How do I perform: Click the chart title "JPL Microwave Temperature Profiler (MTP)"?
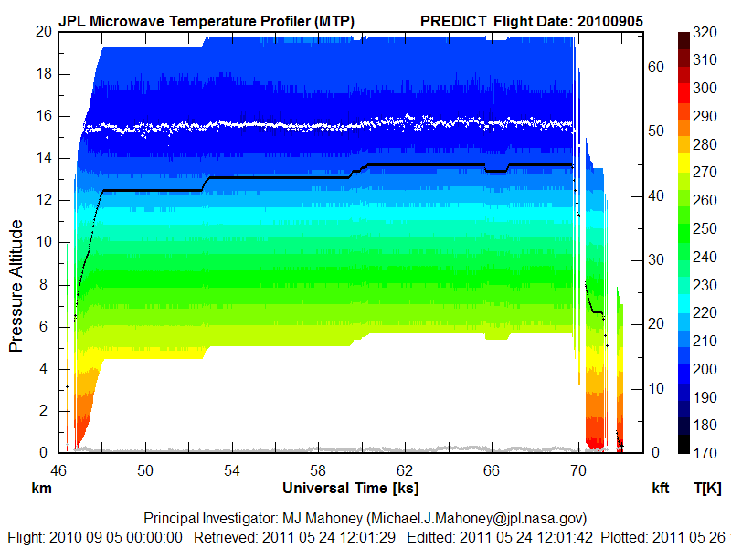click(207, 20)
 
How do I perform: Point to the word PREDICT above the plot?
click(454, 20)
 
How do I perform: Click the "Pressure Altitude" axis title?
click(16, 283)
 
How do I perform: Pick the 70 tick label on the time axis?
click(577, 470)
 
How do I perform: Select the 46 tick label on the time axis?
click(58, 470)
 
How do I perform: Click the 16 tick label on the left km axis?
click(42, 116)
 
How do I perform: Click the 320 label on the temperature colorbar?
click(705, 32)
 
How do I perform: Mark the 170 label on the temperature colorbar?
click(705, 452)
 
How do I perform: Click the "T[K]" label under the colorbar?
click(707, 489)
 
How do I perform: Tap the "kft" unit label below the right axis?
click(660, 489)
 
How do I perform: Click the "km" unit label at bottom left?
click(40, 489)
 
